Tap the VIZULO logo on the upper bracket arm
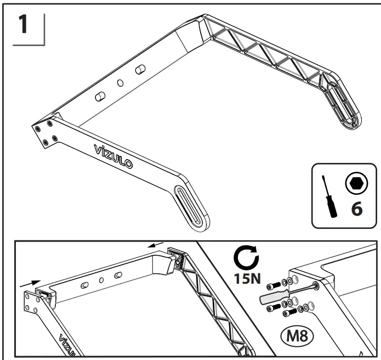pyautogui.click(x=116, y=155)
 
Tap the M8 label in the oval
pyautogui.click(x=295, y=336)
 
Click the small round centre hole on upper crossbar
pyautogui.click(x=121, y=83)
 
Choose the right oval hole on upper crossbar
pyautogui.click(x=140, y=68)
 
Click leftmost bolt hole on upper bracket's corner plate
pyautogui.click(x=38, y=127)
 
